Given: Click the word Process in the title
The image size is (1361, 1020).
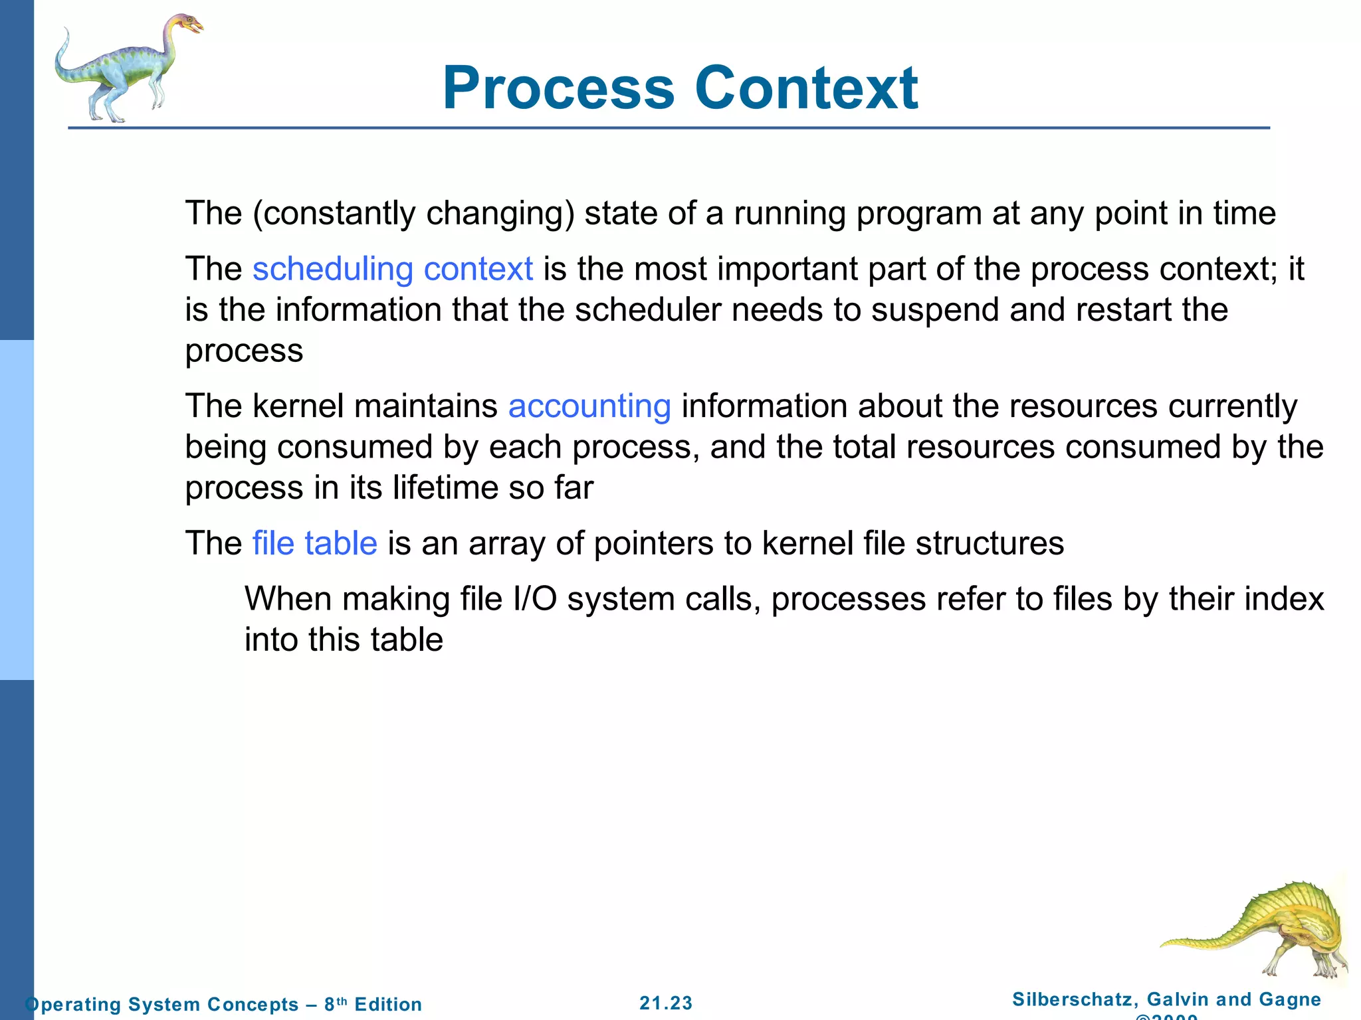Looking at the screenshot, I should pos(558,88).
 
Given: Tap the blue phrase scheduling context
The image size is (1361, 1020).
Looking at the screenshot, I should pos(392,269).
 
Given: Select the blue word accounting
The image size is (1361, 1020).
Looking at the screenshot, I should pos(589,406).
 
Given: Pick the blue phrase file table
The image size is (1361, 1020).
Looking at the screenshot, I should pos(314,543).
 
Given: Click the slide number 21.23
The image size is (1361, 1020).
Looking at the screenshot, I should pos(666,1003).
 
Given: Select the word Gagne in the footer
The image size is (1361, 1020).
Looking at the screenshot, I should pos(1290,999).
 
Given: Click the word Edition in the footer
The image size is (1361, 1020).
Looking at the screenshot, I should pos(388,1004).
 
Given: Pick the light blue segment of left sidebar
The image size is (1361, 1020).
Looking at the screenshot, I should pos(17,510).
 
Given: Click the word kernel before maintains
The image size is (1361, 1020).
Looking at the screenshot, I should pos(298,406).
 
